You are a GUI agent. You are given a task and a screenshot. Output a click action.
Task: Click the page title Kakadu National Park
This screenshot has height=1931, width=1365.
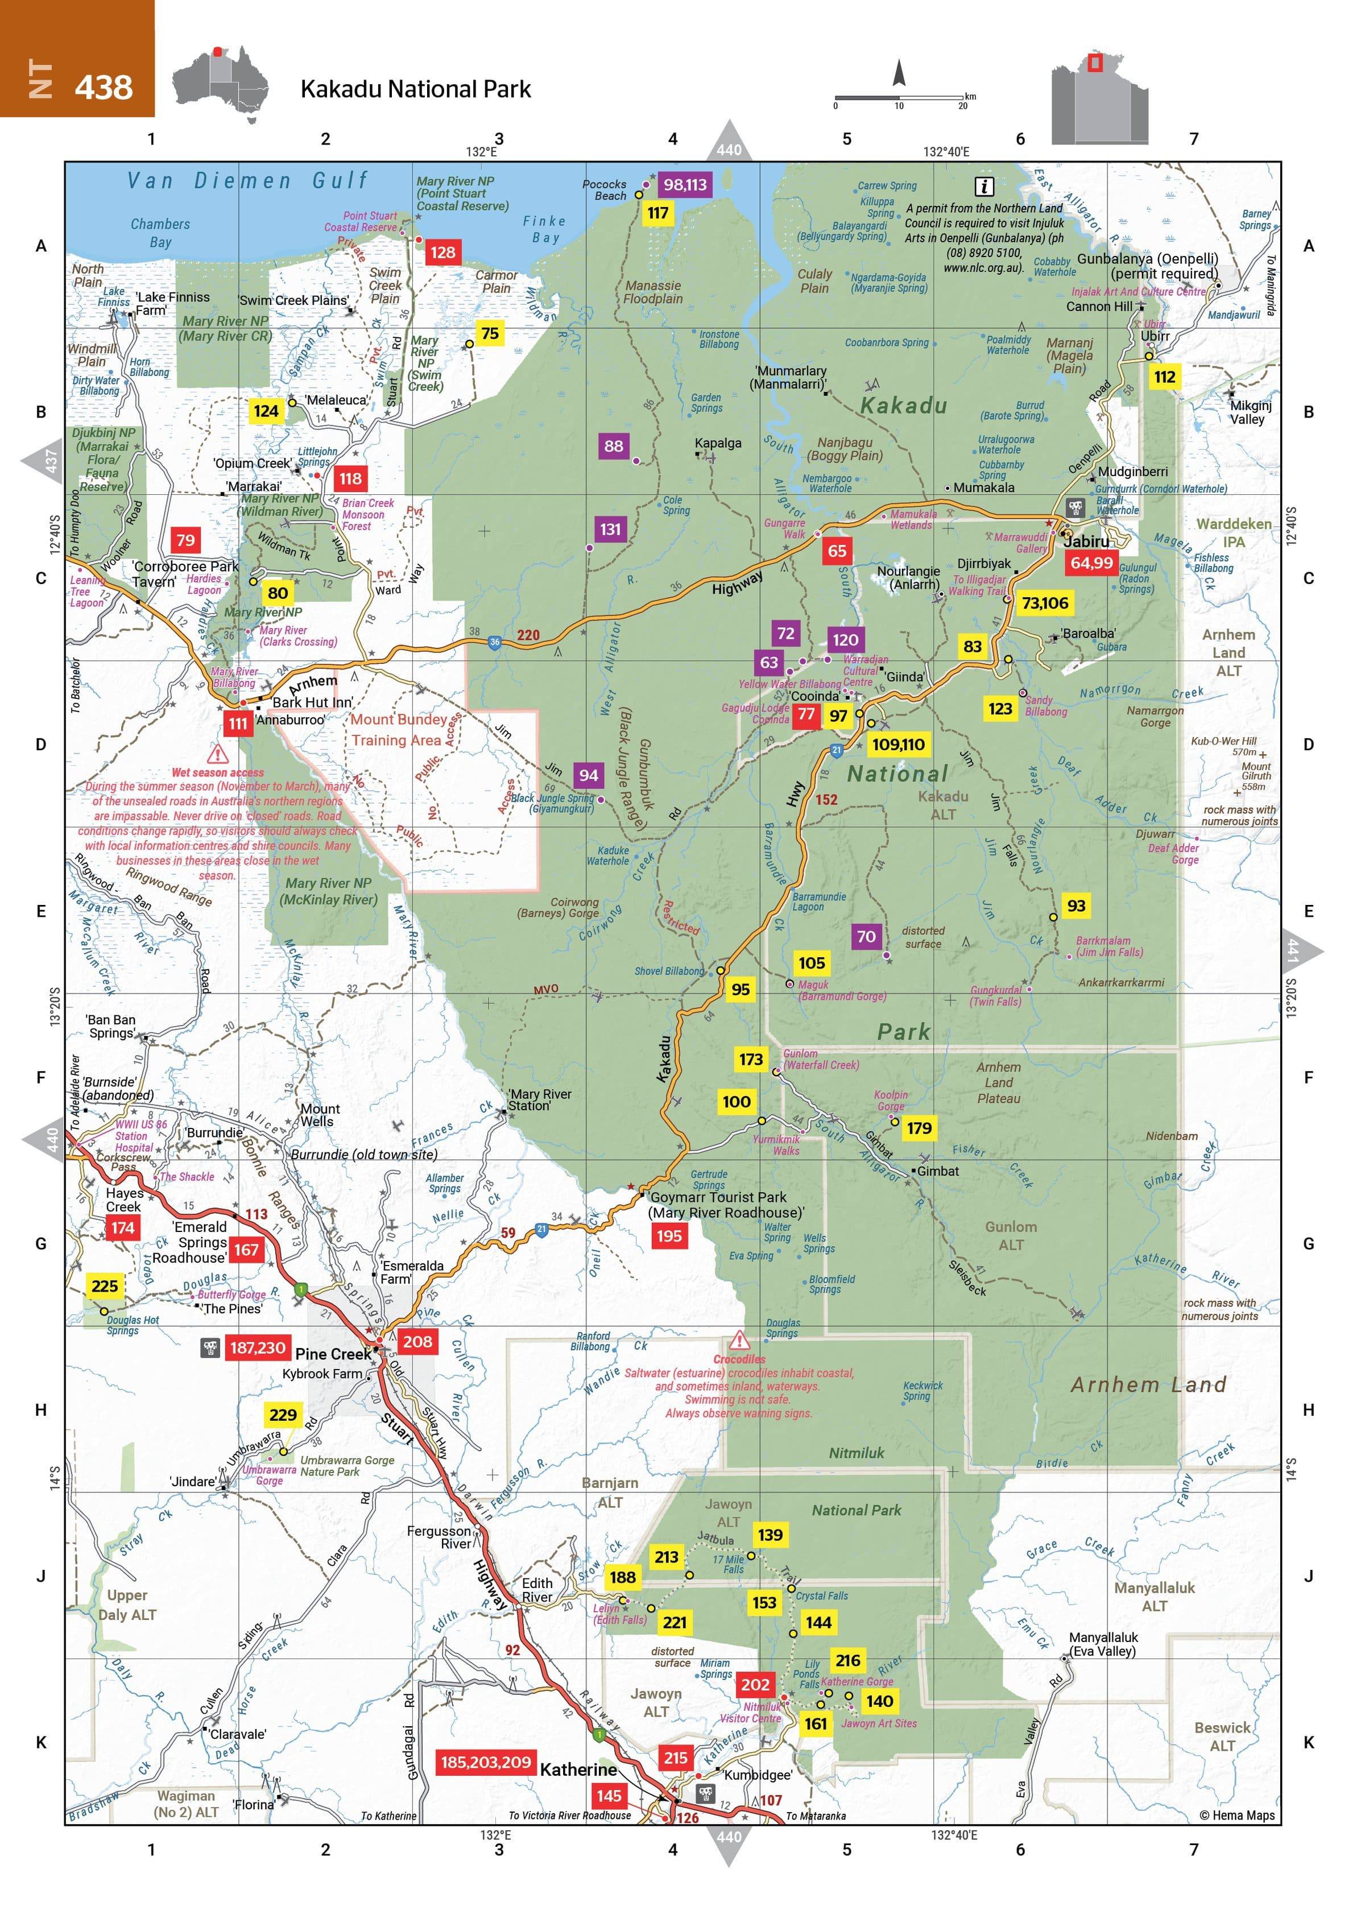(415, 89)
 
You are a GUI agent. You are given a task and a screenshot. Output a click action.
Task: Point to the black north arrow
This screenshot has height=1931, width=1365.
(899, 73)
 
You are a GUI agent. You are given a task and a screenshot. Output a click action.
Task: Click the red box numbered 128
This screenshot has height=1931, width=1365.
(442, 253)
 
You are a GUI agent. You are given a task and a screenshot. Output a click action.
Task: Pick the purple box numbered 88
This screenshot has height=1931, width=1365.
(614, 446)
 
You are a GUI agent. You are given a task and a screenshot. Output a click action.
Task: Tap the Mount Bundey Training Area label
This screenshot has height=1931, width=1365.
(397, 729)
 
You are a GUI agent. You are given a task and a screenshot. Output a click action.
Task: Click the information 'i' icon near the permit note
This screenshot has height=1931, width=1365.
(983, 187)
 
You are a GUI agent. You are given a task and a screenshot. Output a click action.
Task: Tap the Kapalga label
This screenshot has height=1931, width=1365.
(717, 443)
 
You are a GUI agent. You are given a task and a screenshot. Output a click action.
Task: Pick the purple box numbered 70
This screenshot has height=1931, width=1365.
(866, 936)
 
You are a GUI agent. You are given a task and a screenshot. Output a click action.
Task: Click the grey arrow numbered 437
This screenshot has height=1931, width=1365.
(45, 460)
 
